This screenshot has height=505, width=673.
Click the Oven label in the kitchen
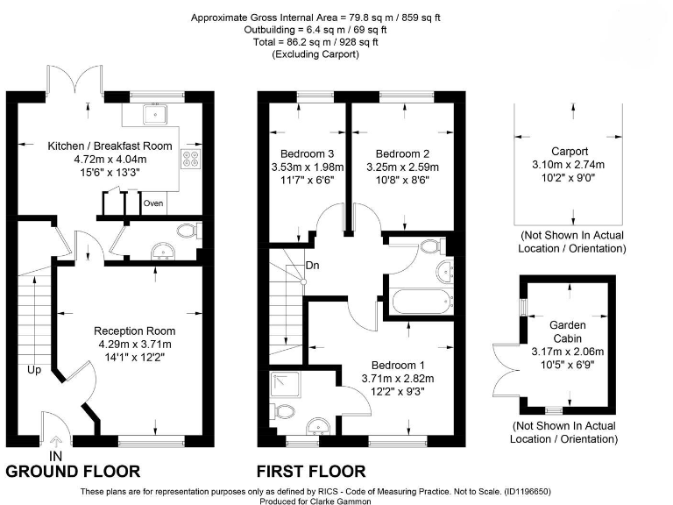tap(153, 203)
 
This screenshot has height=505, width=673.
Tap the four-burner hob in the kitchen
tap(191, 159)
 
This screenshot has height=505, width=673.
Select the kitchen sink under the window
tap(155, 114)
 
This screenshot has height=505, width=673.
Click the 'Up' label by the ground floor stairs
tap(34, 370)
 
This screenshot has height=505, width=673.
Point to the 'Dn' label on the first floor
tap(313, 266)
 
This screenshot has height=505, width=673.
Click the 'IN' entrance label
tap(56, 456)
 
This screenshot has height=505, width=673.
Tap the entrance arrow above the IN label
tap(56, 442)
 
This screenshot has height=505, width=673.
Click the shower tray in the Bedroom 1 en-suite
tap(286, 384)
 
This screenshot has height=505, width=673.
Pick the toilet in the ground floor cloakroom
tap(189, 231)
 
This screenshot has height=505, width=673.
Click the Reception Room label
tap(135, 331)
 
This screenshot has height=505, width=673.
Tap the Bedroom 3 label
tap(308, 153)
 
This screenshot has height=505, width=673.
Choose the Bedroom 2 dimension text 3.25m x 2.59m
tap(402, 167)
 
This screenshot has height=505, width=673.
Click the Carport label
tap(570, 151)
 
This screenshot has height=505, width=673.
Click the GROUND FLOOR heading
tap(73, 472)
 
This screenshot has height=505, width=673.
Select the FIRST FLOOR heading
tap(311, 472)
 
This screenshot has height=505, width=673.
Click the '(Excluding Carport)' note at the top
tap(315, 54)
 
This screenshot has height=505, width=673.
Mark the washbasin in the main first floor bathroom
tap(446, 272)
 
